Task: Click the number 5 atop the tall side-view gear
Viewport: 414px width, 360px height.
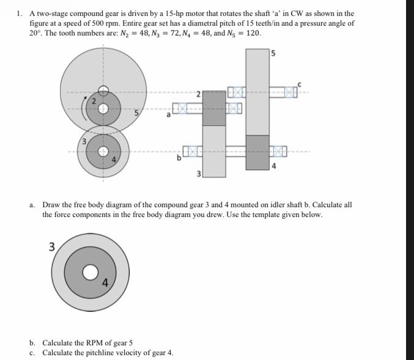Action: [x=272, y=53]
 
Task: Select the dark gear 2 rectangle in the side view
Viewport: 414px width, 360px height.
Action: [x=214, y=108]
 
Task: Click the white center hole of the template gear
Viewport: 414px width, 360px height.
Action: [x=91, y=271]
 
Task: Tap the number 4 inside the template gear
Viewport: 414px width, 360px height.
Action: [x=105, y=283]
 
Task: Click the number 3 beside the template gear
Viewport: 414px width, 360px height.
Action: [x=52, y=246]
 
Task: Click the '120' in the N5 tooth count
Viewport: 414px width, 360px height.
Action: [x=252, y=33]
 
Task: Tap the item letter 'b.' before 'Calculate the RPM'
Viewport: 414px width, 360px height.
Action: [x=32, y=342]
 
